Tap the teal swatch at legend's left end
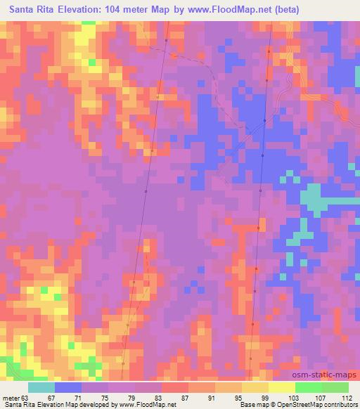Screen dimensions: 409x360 pos(41,387)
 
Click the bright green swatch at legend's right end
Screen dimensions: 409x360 pos(335,387)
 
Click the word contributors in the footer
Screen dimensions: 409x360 pos(340,405)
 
